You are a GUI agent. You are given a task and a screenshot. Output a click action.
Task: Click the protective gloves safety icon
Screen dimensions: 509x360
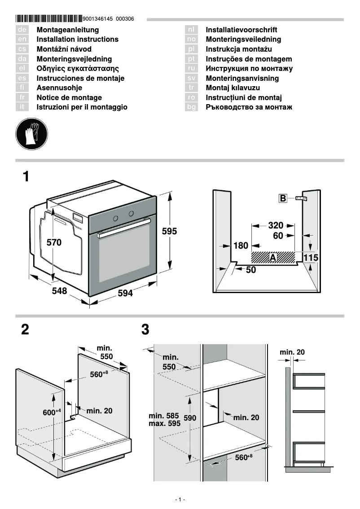tap(31, 133)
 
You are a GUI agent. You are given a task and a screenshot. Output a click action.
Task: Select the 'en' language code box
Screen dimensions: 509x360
tap(22, 39)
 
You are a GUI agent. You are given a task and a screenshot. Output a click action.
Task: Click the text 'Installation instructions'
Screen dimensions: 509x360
tap(77, 39)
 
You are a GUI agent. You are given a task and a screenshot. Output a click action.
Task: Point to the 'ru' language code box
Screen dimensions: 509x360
tap(192, 69)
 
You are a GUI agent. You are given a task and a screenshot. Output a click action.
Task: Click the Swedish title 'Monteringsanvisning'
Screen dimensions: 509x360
tap(242, 79)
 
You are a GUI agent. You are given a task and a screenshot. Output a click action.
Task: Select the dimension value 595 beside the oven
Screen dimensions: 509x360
tap(169, 232)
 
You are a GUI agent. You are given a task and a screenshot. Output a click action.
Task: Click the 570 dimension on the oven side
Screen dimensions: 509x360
tap(54, 242)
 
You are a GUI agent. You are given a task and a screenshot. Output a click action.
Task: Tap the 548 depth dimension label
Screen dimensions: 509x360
tap(59, 291)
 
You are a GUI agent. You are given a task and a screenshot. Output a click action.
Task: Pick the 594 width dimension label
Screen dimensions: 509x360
tap(125, 293)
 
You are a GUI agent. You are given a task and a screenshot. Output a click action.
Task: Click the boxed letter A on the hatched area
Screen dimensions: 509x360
tap(272, 257)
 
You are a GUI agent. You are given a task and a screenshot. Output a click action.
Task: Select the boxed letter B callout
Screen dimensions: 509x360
tap(283, 198)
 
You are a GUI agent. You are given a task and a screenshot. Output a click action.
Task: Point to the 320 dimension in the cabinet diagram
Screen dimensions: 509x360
tap(276, 225)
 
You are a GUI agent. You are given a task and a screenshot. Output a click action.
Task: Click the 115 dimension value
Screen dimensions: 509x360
tap(311, 258)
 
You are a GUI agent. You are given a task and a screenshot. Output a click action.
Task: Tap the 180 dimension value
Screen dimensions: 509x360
tap(241, 246)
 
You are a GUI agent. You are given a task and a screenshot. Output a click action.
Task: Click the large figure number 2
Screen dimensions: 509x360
tap(25, 330)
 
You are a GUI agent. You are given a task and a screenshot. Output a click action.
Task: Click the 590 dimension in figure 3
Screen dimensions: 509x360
tap(190, 418)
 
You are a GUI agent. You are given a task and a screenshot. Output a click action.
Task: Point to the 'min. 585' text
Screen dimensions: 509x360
tap(164, 416)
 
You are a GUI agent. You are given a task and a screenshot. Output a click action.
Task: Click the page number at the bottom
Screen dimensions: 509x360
tap(180, 500)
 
